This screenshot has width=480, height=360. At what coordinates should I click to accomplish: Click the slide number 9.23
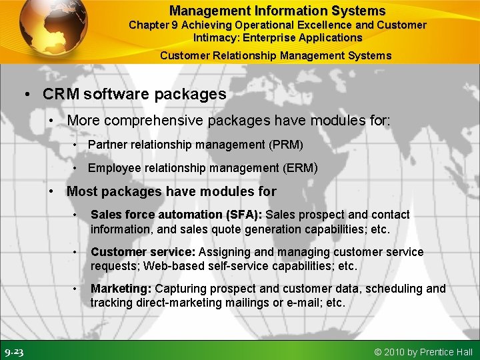point(14,352)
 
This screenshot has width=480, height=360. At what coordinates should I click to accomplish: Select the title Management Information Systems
point(277,11)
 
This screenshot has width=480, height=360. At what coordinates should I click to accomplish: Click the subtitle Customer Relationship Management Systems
point(276,55)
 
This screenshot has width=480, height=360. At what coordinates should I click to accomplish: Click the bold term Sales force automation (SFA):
point(177,215)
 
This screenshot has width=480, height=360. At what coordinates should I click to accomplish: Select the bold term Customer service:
point(143,252)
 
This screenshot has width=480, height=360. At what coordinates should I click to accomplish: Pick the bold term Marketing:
point(121,289)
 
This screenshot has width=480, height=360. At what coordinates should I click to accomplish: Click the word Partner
point(107,145)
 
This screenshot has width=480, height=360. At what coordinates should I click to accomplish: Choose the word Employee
point(113,168)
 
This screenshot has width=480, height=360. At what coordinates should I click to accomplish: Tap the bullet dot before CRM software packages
point(27,95)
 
